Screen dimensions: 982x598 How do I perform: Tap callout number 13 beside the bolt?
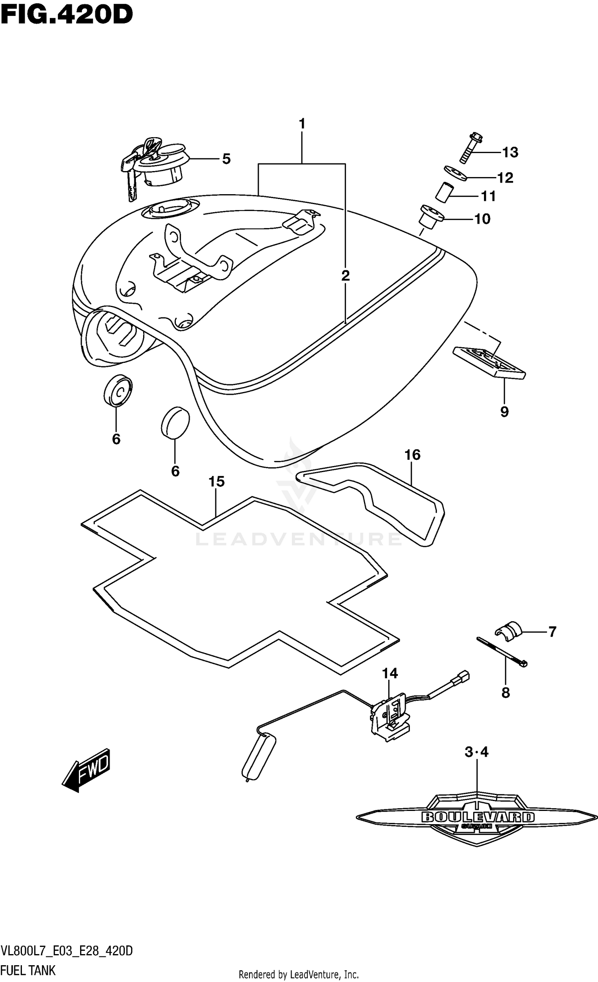tap(510, 152)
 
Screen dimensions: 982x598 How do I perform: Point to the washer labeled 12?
tap(455, 173)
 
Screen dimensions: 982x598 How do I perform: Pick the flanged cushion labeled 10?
tap(431, 217)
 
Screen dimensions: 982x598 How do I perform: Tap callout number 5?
tap(226, 159)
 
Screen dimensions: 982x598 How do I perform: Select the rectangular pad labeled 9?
tap(489, 362)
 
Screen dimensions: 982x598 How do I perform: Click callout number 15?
tap(216, 482)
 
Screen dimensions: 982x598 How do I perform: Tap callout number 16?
tap(412, 455)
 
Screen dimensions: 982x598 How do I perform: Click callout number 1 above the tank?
tap(302, 124)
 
